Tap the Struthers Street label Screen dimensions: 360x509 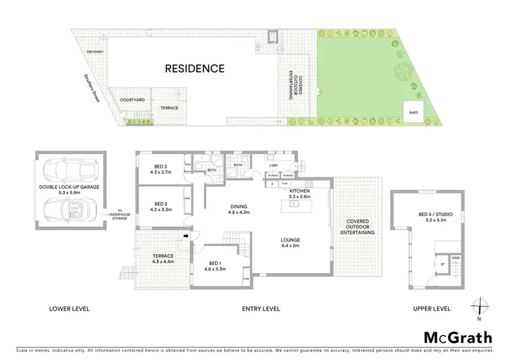click(x=88, y=88)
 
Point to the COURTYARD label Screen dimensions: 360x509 click(x=132, y=100)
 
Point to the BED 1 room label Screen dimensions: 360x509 click(x=211, y=267)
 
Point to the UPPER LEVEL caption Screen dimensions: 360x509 click(x=432, y=309)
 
